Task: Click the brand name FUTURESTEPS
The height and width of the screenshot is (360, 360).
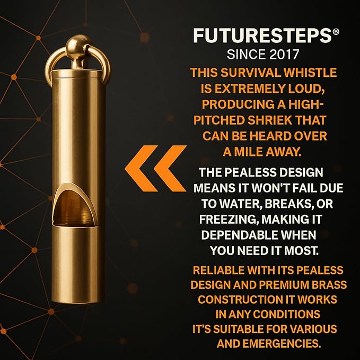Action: click(x=262, y=36)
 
